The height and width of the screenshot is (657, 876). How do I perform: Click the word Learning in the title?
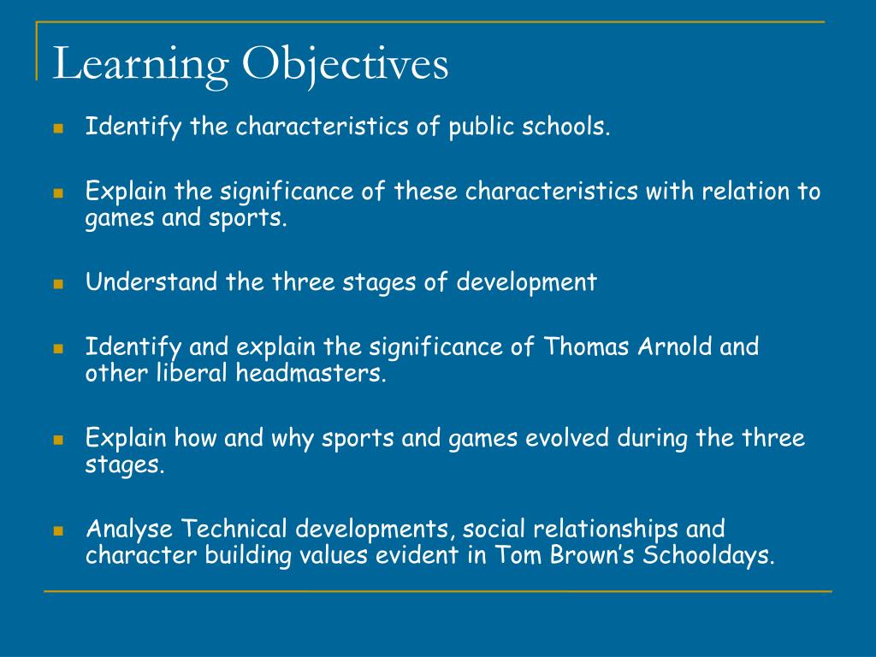141,65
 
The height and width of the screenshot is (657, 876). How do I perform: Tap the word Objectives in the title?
346,65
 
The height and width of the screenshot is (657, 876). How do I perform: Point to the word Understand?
151,282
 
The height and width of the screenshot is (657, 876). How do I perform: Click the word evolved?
564,438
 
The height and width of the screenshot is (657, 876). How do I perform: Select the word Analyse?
130,529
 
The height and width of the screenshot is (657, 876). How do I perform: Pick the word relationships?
595,529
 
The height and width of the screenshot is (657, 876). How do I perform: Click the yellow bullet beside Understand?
59,283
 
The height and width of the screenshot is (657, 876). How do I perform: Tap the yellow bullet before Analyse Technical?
59,530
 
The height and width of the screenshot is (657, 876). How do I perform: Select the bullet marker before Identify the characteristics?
59,128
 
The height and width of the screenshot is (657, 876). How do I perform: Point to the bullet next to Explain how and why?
59,439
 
